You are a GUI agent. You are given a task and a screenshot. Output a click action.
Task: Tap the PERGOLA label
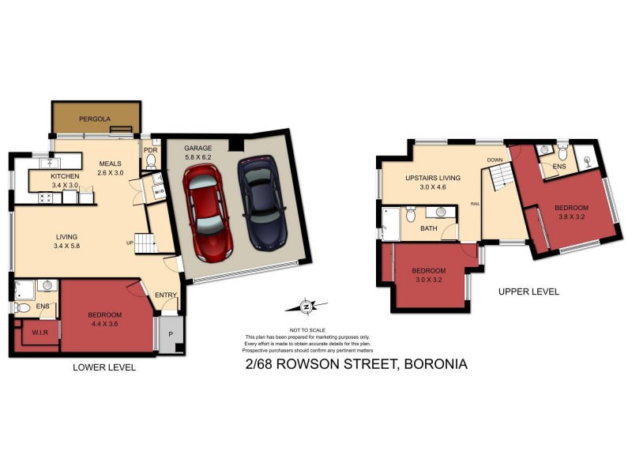coord(96,119)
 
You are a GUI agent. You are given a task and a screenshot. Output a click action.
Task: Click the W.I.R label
coord(40,333)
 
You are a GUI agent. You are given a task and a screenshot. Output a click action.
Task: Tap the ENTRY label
coord(166,295)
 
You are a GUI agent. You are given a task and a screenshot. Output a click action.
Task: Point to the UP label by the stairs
coord(128,243)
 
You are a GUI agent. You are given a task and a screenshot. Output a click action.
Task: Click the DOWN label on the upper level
coord(495,160)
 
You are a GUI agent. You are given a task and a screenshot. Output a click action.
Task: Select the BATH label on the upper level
coord(429,228)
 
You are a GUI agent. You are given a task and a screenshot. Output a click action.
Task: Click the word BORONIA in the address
coord(435,364)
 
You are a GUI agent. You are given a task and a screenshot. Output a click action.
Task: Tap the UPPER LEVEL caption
coord(529,292)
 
